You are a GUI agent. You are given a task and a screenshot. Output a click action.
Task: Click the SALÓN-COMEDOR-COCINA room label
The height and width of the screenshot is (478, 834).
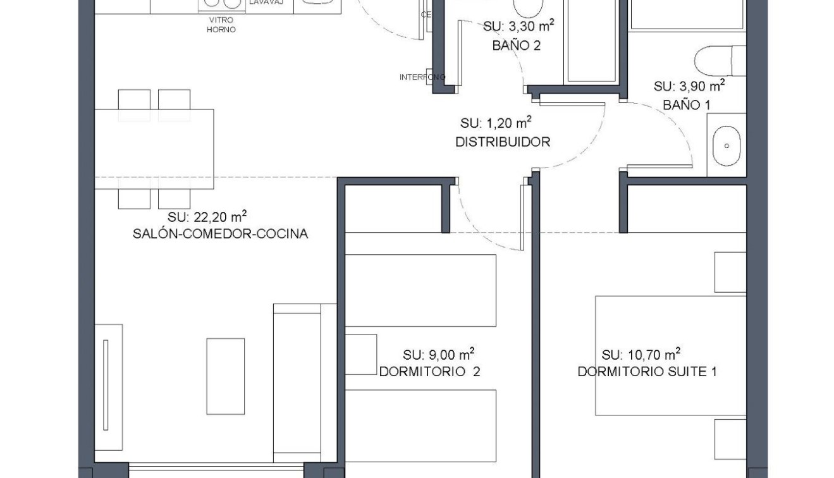(x=220, y=234)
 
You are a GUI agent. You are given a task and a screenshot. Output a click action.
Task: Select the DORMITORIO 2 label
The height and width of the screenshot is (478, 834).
(x=429, y=372)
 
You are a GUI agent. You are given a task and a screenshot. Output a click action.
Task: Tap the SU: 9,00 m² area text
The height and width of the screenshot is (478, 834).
(x=438, y=354)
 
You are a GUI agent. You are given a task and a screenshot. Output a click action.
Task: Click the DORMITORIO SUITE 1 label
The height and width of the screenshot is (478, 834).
(x=647, y=372)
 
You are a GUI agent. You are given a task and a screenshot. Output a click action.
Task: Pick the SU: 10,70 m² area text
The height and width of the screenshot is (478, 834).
(x=641, y=354)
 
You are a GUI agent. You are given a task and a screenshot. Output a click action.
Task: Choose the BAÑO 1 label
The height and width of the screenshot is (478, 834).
(x=686, y=105)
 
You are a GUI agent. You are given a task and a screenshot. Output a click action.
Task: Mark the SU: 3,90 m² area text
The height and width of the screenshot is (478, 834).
(x=689, y=86)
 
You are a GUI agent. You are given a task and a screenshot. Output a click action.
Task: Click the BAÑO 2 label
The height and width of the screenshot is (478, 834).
(x=516, y=46)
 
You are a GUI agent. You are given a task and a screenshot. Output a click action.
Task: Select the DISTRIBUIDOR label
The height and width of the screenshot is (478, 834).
(x=503, y=142)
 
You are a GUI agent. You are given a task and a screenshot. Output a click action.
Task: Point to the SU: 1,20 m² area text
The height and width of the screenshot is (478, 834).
(x=496, y=122)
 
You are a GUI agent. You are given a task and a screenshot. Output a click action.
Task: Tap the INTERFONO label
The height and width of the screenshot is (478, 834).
(x=422, y=77)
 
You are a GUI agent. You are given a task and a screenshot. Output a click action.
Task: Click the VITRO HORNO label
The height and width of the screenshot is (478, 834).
(x=221, y=25)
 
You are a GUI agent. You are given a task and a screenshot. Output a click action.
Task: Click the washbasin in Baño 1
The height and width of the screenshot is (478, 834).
(x=727, y=146)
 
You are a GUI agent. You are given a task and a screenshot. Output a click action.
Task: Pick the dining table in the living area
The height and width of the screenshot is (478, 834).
(x=154, y=149)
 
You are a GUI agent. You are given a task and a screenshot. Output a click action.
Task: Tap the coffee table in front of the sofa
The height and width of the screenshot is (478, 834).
(x=225, y=376)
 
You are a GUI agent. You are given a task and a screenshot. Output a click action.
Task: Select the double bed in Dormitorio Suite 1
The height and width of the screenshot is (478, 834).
(x=670, y=355)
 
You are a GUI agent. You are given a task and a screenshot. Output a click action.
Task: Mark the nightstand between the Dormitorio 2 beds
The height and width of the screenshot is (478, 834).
(x=361, y=355)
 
